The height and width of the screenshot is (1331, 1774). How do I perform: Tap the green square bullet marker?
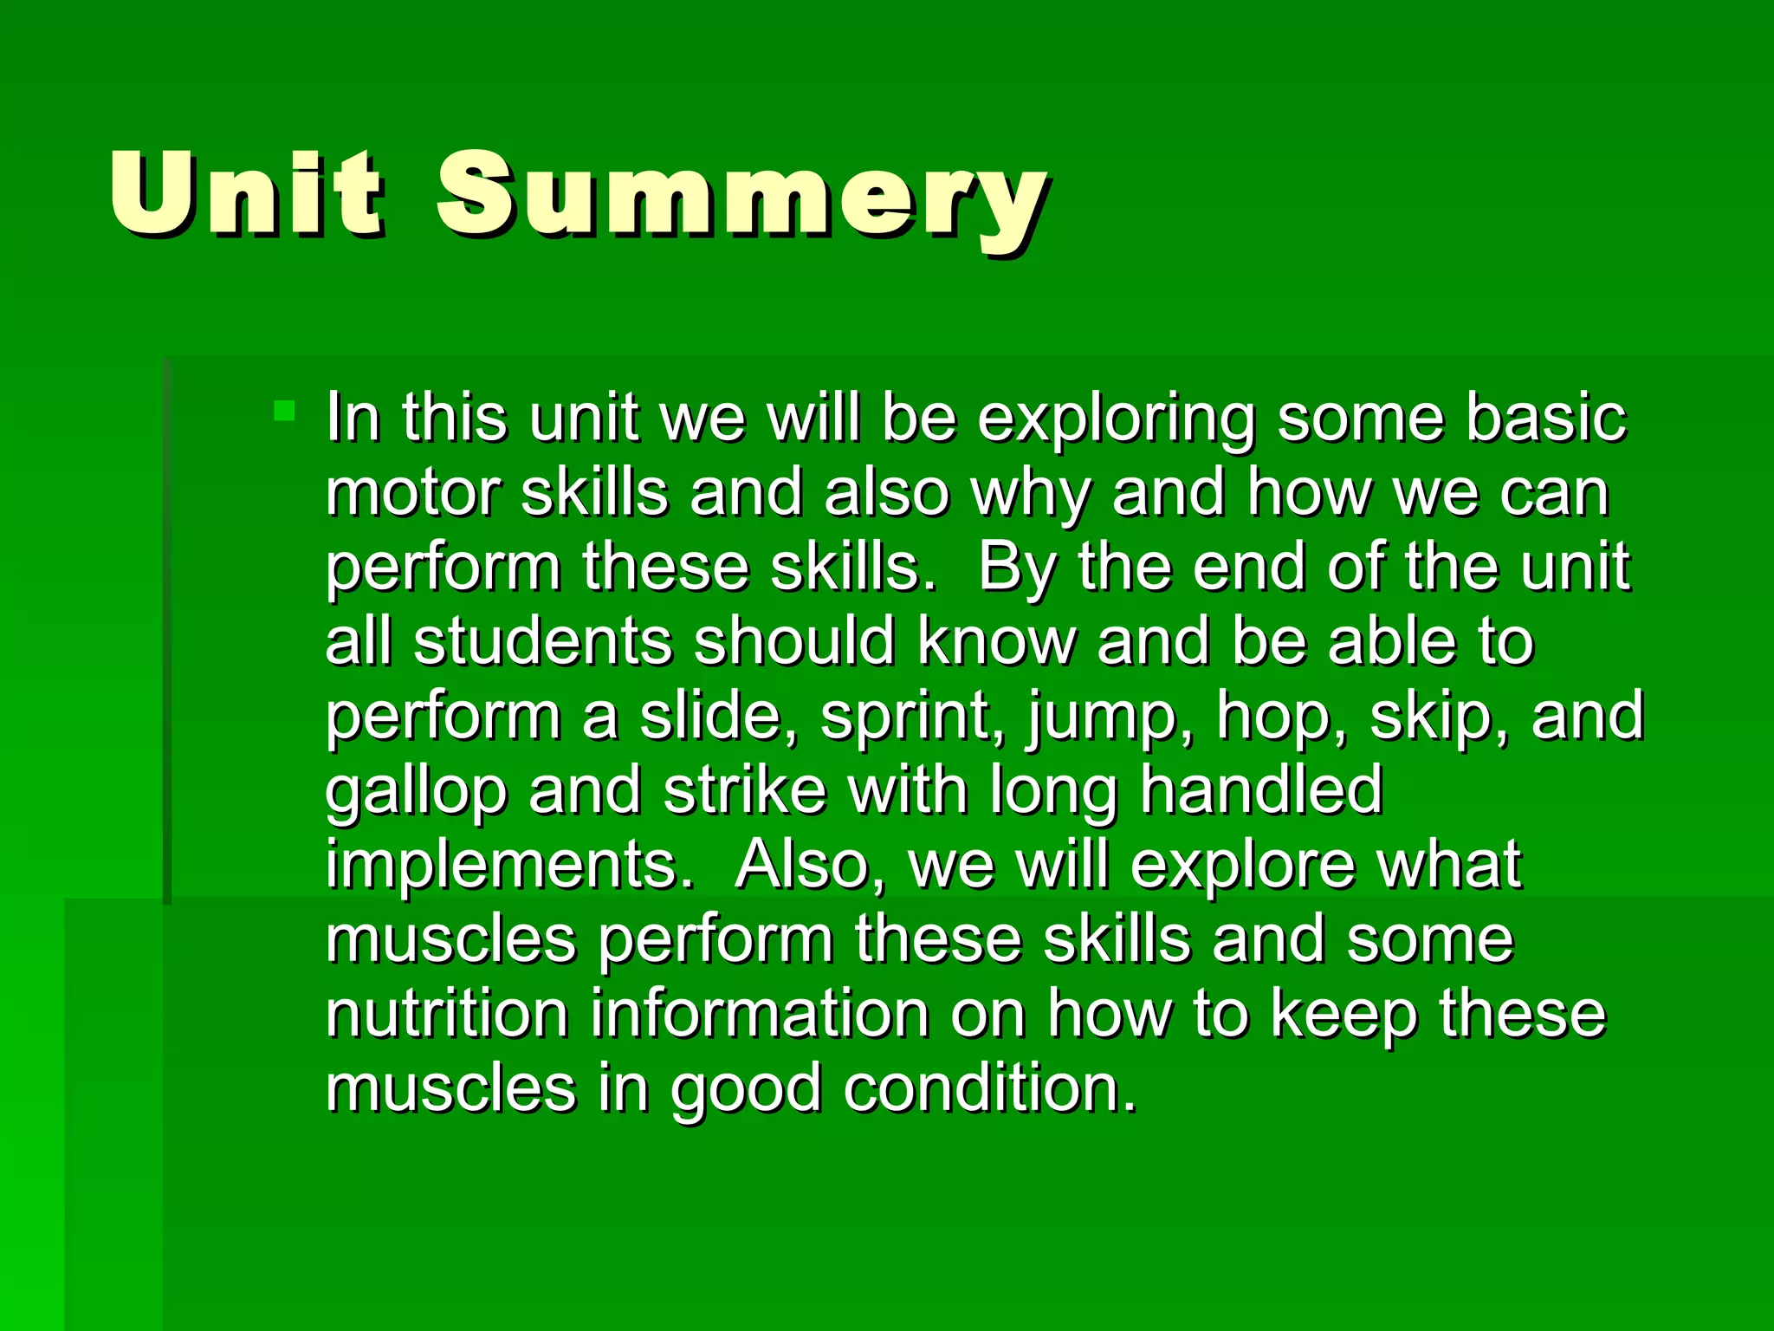(x=284, y=410)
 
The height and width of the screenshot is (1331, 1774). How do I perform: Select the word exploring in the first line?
(x=1117, y=420)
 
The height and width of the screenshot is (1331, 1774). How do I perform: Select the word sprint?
(x=913, y=718)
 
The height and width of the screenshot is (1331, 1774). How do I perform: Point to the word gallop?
(x=416, y=793)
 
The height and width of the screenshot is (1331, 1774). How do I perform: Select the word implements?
(x=509, y=867)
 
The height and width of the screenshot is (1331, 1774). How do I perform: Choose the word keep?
(x=1344, y=1016)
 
